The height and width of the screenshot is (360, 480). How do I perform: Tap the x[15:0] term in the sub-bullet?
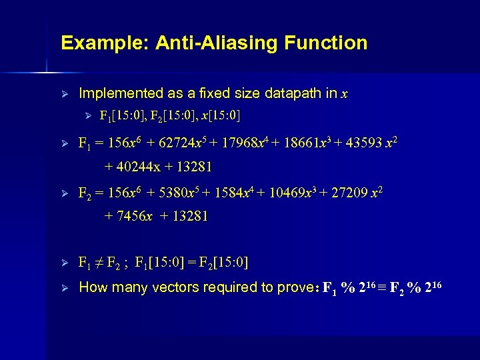214,117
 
